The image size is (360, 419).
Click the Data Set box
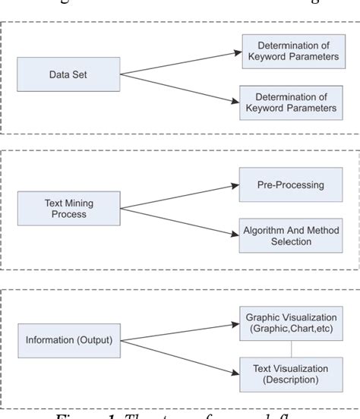[x=68, y=75]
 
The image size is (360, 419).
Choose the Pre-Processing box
[x=287, y=184]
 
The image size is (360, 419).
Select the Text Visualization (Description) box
[x=291, y=373]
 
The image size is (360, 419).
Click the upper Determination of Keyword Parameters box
[x=292, y=51]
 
